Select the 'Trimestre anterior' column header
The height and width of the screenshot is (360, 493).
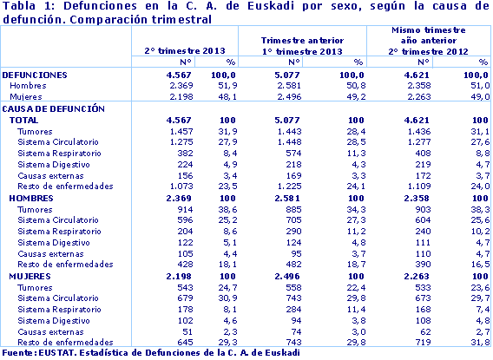(x=303, y=41)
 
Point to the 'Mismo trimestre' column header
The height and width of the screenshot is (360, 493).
(x=429, y=30)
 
